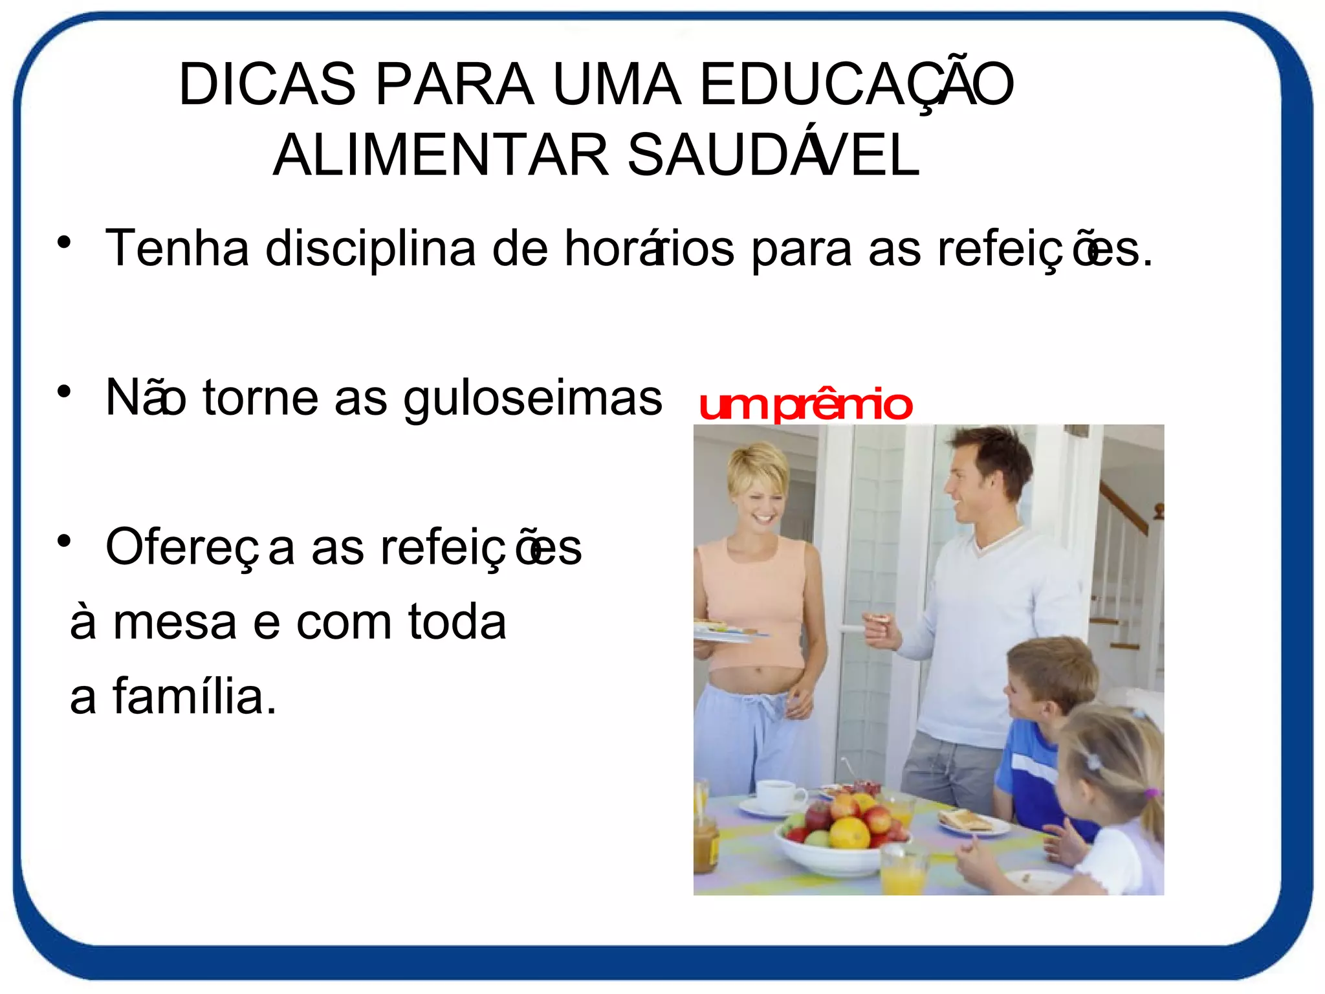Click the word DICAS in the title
[267, 84]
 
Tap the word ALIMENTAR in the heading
[441, 155]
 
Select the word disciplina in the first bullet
[370, 248]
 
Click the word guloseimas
[532, 399]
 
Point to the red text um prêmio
[805, 406]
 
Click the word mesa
[175, 623]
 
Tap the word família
[194, 697]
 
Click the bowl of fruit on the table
[841, 835]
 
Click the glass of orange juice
[904, 870]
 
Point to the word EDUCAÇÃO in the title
[857, 84]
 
